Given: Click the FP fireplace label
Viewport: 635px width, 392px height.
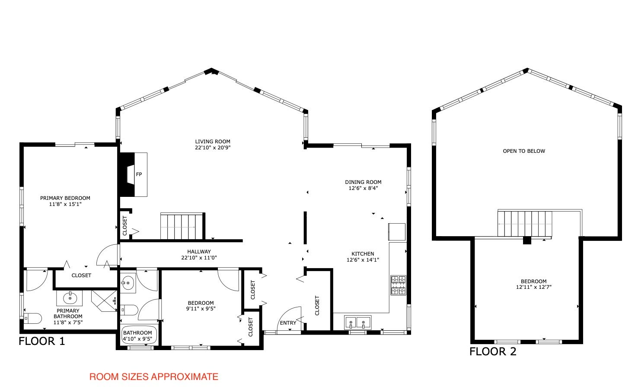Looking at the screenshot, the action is pos(139,174).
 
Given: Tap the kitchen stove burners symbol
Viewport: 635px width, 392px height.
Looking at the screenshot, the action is pos(398,285).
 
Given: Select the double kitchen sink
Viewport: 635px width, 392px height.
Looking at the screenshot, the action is pos(358,322).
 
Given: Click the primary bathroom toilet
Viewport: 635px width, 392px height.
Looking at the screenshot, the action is pos(32,319).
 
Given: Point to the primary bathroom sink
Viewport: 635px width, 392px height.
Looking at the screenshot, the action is pos(70,298).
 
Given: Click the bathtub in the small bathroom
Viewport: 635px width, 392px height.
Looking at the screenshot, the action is pos(139,335).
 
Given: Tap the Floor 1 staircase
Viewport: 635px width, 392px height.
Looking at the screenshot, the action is pos(182,226).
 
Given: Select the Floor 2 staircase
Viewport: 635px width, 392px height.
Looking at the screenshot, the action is pos(525,224).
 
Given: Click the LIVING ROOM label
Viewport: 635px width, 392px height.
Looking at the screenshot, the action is pos(213,142).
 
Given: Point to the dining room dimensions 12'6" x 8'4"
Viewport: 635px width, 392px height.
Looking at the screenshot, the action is pos(363,188).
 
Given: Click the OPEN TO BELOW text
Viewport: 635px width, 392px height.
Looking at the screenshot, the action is pos(524,151).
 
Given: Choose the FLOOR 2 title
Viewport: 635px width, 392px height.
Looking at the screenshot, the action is pos(493,351).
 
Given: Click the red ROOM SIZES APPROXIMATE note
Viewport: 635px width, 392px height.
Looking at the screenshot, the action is pos(154,377).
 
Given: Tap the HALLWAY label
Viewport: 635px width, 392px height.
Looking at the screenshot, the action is pos(199,252).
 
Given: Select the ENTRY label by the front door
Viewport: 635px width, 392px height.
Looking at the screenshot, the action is pos(288,323).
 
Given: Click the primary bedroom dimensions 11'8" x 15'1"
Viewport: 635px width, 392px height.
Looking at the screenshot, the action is pos(65,204).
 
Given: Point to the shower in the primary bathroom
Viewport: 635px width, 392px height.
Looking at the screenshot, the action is pos(104,301).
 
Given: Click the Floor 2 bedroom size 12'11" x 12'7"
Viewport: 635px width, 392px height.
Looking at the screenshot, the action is pos(533,287).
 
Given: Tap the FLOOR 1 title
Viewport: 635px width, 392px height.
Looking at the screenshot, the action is pos(42,341).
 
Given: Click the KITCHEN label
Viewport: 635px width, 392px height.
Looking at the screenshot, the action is pos(363,254).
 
